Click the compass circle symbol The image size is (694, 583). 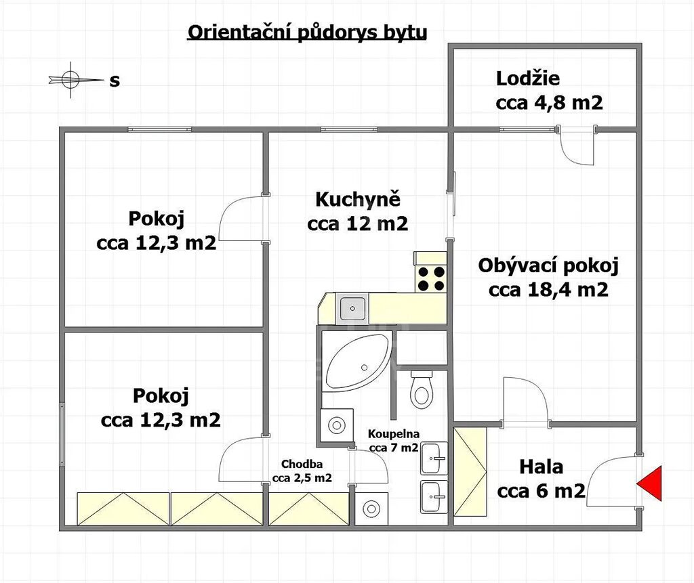point(70,80)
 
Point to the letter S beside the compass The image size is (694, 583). point(115,81)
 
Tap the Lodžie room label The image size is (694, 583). point(527,79)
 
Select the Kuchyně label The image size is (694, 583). point(358,200)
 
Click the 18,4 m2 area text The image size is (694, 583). point(569,290)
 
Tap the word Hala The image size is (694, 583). point(541,467)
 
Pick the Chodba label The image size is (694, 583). point(302,464)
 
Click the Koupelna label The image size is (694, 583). point(394,434)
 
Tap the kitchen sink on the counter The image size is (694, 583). point(352,308)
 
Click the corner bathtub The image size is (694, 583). point(358,360)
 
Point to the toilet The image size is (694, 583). point(422,389)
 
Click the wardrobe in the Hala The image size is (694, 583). point(470,471)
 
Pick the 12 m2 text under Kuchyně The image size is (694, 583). point(377,224)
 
